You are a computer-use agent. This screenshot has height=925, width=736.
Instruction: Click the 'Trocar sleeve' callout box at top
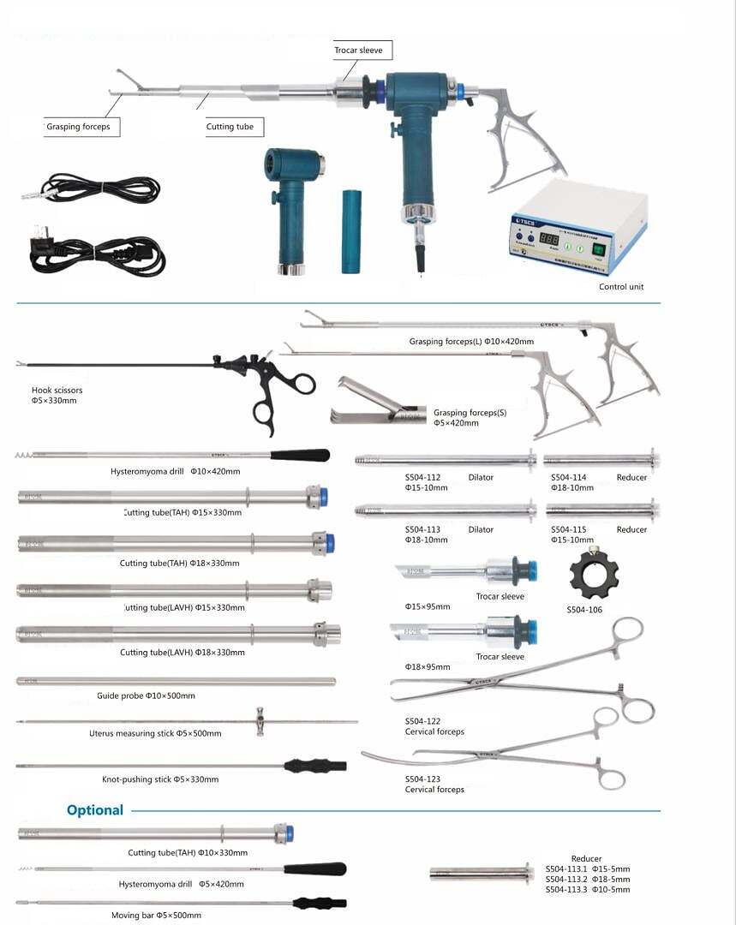359,51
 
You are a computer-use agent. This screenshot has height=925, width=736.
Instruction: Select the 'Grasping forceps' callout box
82,127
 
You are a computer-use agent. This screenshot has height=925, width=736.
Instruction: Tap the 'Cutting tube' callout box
230,127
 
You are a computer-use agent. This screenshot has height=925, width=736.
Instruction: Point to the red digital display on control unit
550,241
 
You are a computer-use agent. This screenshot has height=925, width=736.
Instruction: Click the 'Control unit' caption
621,287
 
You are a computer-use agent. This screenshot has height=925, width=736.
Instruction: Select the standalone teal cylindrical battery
352,232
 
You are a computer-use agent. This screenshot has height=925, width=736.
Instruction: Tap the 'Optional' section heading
95,810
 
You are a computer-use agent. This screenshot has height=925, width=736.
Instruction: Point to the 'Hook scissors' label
57,391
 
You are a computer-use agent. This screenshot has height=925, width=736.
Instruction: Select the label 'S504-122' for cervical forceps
422,721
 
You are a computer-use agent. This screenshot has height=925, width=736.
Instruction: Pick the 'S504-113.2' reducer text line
588,879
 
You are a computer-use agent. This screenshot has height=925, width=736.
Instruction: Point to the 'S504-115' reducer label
568,529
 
